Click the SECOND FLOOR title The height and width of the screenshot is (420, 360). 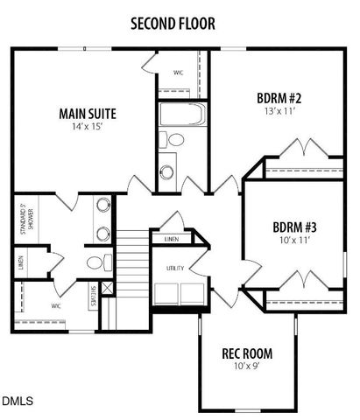click(173, 24)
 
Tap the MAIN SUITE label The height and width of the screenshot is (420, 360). click(88, 114)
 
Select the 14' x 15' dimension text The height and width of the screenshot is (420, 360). click(88, 128)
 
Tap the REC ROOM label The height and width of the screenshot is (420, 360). click(246, 353)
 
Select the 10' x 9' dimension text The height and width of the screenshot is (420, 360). click(246, 367)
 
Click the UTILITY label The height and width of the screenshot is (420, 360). click(175, 268)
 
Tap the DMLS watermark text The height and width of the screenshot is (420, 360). click(17, 402)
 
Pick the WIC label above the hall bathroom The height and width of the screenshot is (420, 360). click(178, 72)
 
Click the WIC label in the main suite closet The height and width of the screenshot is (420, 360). click(55, 306)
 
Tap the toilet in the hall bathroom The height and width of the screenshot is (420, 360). click(175, 139)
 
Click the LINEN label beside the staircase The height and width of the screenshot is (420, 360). click(171, 238)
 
